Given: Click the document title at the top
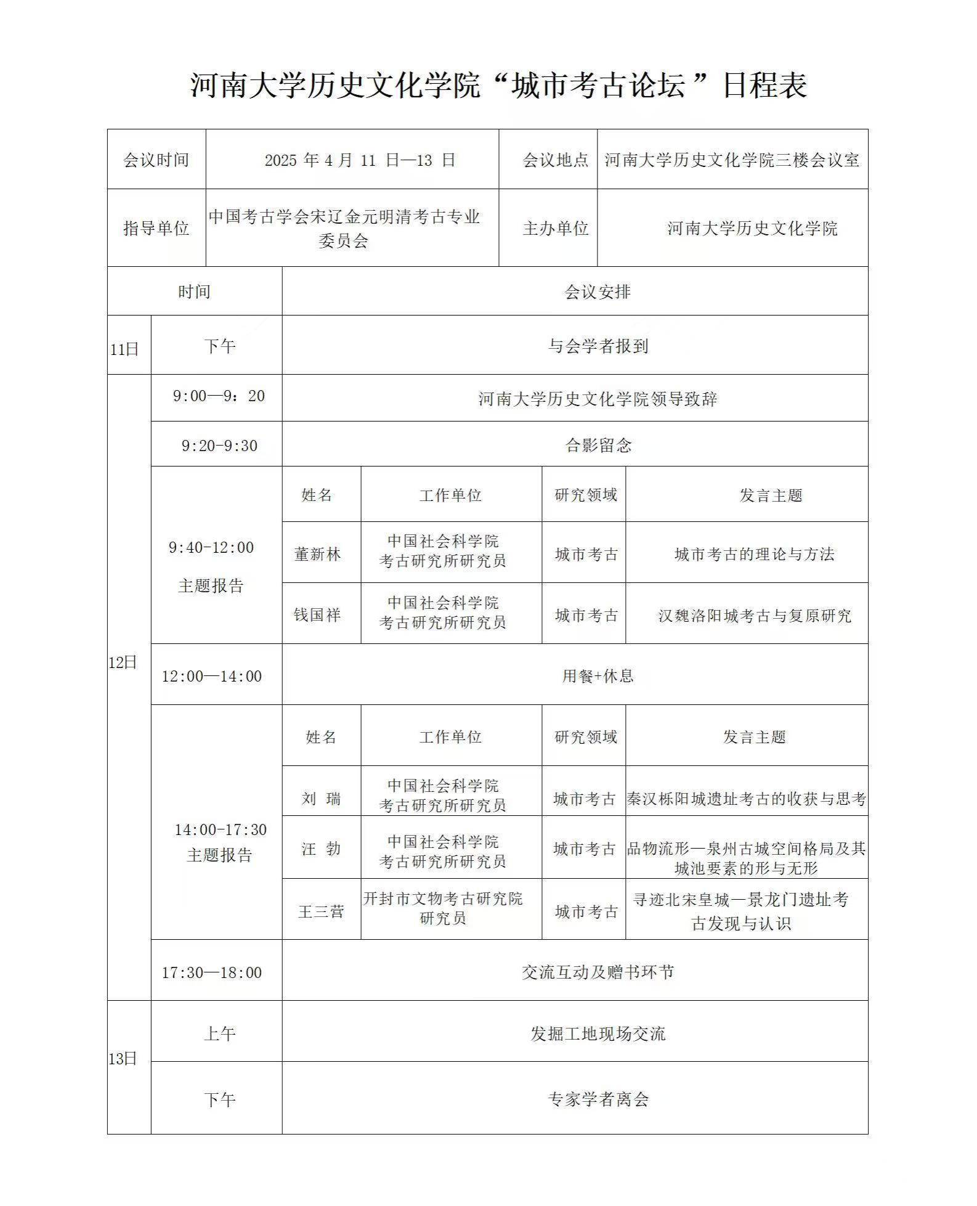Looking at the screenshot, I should (x=498, y=85).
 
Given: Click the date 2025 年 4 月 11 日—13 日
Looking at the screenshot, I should (x=360, y=160).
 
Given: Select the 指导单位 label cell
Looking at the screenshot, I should (x=156, y=229).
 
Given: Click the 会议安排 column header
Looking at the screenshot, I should (x=598, y=292).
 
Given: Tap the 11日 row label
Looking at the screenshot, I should (x=124, y=349).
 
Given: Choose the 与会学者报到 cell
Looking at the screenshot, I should (x=598, y=346).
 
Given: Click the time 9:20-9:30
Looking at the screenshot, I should (x=219, y=446).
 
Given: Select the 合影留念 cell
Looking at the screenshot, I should (x=598, y=446).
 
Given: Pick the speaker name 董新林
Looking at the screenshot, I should (x=317, y=555).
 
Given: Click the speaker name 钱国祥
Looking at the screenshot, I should (x=317, y=615).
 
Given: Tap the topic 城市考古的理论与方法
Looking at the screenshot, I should (x=754, y=555).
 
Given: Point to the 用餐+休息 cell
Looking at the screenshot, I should (x=598, y=676).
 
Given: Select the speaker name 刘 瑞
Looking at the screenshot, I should (x=321, y=799).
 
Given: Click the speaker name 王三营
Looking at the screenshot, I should (x=321, y=911).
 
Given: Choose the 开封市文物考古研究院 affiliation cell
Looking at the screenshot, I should (x=442, y=908).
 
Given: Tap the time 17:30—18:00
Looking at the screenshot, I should (x=212, y=972).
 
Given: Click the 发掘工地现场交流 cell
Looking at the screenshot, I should (x=598, y=1033).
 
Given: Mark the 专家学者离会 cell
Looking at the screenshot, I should (x=598, y=1099).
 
